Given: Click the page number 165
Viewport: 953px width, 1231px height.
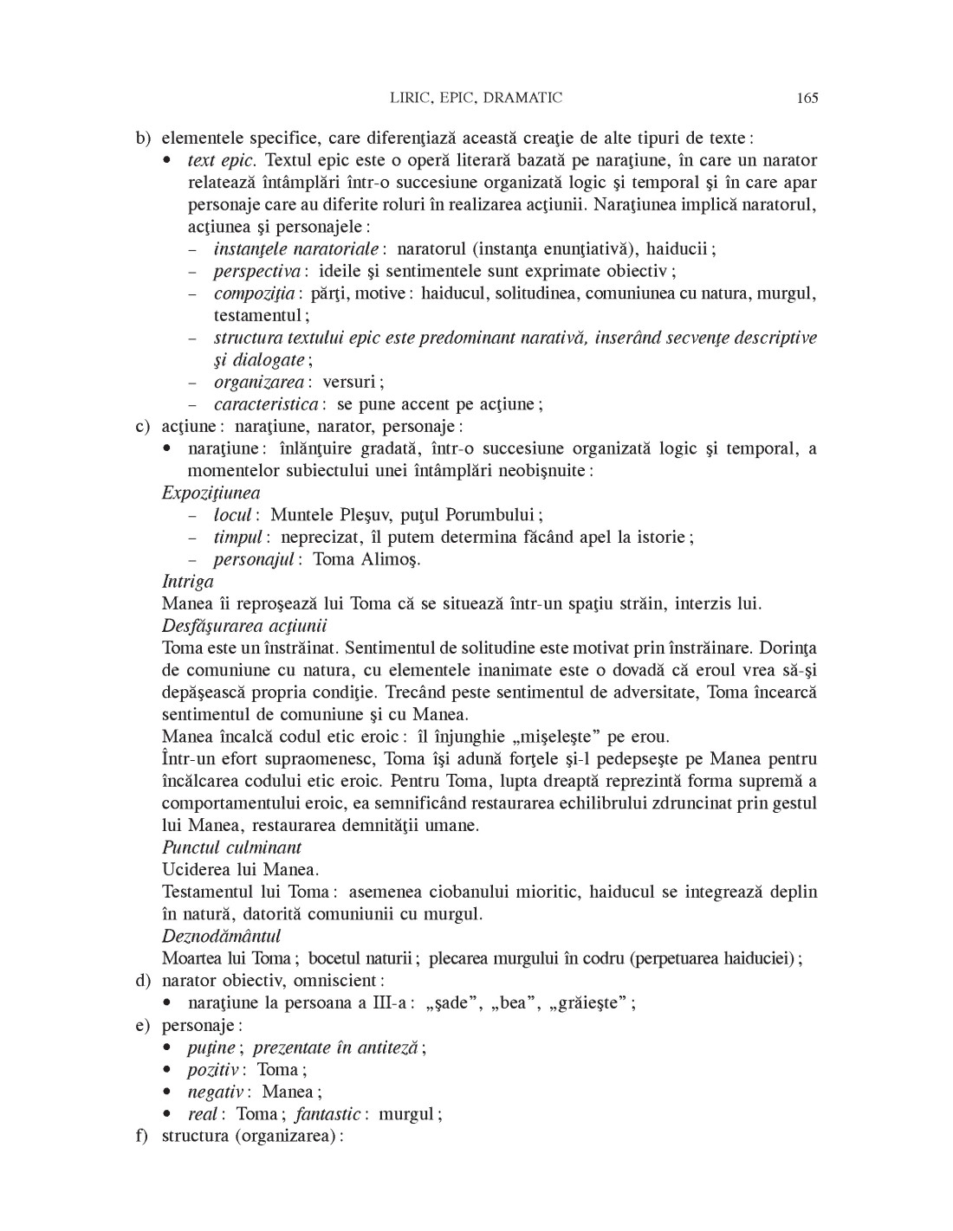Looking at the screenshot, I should [807, 98].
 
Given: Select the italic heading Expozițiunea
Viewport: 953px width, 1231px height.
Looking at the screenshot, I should [211, 493].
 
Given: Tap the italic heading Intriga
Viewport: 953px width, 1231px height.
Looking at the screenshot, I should [187, 582].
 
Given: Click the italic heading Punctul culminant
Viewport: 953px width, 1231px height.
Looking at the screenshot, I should [231, 848].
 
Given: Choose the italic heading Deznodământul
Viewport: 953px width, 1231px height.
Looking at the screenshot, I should [221, 936].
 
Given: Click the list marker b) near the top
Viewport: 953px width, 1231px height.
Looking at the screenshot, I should [141, 138].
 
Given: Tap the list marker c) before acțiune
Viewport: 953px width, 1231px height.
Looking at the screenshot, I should [141, 426].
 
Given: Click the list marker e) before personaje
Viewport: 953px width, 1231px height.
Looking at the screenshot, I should [141, 1025].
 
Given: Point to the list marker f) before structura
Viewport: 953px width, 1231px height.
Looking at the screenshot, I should [141, 1136].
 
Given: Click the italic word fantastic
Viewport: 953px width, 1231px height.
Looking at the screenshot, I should [327, 1114].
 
